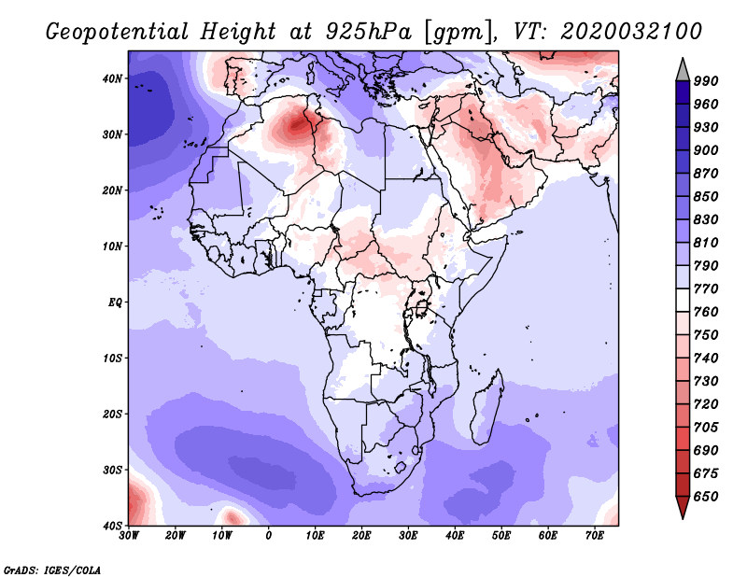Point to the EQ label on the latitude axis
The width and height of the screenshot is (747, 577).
[113, 303]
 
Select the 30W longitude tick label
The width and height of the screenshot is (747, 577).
[129, 536]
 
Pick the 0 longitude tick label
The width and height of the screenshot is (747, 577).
[269, 536]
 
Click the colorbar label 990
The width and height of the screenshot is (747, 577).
[707, 82]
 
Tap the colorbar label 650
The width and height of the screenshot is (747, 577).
[707, 497]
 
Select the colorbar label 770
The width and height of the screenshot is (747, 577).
[707, 289]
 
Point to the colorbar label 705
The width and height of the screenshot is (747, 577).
[707, 428]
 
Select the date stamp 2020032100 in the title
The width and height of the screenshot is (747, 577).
[631, 32]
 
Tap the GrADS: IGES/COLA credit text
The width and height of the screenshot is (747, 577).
[52, 569]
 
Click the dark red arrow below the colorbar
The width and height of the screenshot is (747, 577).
[683, 507]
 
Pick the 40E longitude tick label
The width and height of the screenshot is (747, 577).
[455, 536]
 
